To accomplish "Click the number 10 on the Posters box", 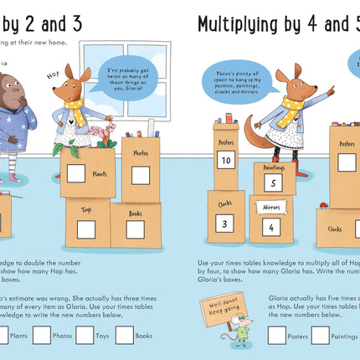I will click(x=225, y=159).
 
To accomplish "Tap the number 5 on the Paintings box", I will click(x=275, y=183).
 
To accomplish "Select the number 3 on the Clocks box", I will click(x=223, y=224).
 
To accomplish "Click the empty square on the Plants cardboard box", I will click(x=75, y=174).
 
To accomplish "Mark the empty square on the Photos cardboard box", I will click(x=140, y=175).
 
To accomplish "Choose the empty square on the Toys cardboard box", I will click(x=85, y=229).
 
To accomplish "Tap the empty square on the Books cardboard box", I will click(x=135, y=229).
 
